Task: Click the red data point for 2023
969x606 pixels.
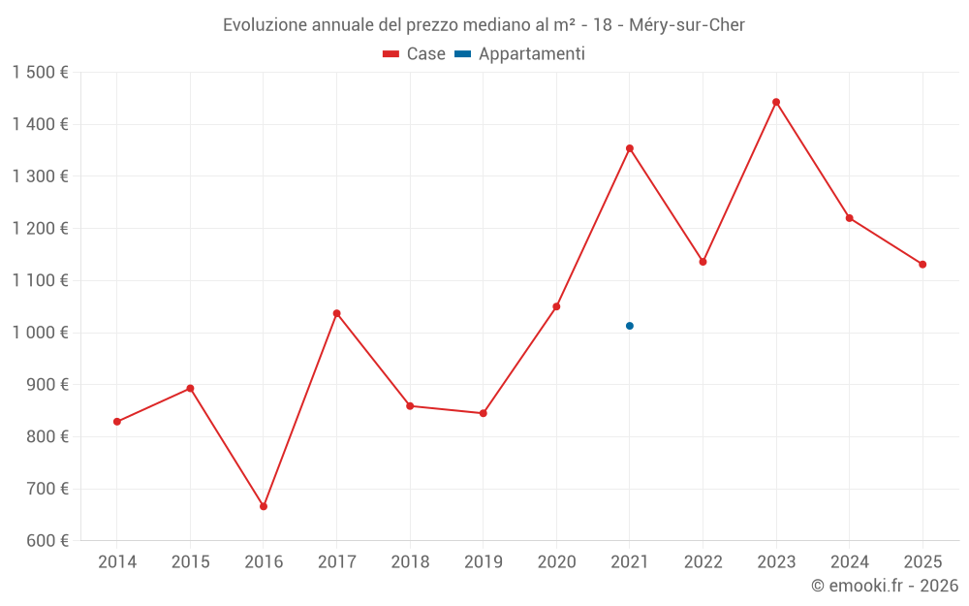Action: [776, 102]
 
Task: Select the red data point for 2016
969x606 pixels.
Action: [264, 506]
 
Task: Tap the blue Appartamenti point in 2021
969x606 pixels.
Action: [630, 326]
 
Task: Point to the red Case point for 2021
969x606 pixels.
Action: [630, 148]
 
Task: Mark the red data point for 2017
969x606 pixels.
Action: [336, 313]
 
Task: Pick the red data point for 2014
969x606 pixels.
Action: [117, 422]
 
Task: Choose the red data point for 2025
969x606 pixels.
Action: [922, 264]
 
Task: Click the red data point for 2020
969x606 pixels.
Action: [556, 306]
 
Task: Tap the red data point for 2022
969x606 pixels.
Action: [703, 262]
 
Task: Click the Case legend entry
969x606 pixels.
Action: [415, 54]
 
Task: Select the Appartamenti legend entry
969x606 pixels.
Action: [520, 54]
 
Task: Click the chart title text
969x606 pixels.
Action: [484, 25]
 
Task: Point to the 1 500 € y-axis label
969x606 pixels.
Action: [40, 73]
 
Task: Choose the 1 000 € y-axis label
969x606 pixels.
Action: [40, 333]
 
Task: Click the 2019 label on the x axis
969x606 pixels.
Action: [484, 562]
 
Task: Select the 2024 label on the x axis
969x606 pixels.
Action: [849, 562]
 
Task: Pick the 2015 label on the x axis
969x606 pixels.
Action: [190, 562]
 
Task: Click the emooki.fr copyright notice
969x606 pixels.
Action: [884, 586]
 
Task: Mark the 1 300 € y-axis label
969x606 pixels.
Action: [40, 176]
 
